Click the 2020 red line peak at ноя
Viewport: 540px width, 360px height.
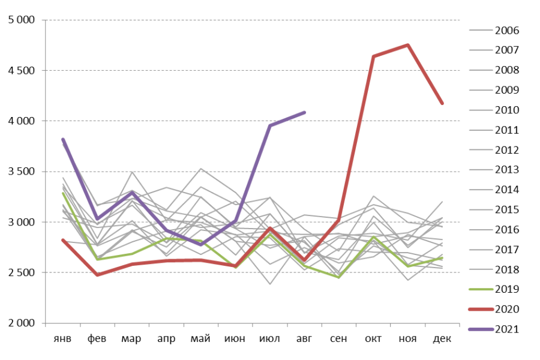click(408, 45)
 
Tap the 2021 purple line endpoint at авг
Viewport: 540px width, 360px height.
click(305, 112)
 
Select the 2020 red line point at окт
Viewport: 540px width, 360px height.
click(373, 56)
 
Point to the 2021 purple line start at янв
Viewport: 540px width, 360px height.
click(63, 139)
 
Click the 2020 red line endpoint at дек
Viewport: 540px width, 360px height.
click(442, 103)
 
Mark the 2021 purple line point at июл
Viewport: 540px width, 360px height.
click(270, 125)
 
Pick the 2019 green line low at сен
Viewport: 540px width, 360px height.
click(339, 277)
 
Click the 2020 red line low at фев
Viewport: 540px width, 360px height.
click(97, 275)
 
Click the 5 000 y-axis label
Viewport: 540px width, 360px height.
click(22, 20)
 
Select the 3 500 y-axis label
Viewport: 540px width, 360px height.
click(22, 172)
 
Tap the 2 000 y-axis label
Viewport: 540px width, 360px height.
click(22, 323)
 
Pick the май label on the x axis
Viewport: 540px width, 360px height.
click(200, 339)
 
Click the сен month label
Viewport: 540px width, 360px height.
click(338, 339)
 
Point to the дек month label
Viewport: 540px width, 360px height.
click(442, 339)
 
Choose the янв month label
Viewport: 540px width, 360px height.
click(62, 339)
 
